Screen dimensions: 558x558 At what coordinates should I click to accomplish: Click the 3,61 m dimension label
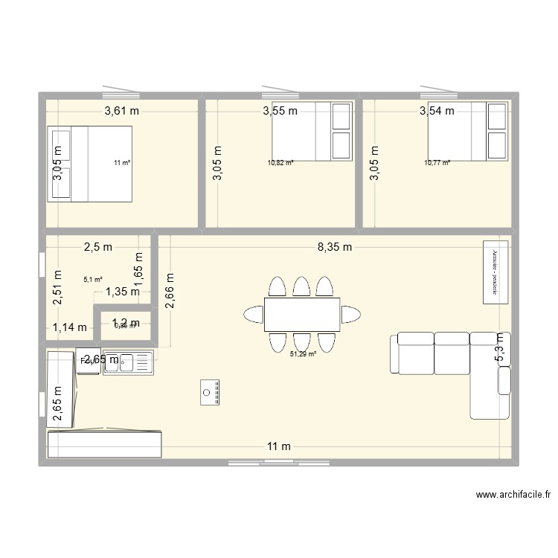click(121, 112)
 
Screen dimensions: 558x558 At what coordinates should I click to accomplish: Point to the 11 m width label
click(279, 446)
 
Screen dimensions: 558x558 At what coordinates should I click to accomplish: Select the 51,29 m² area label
click(303, 355)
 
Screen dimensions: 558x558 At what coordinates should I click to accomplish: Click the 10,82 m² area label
click(280, 162)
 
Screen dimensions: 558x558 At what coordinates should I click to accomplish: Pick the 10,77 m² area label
click(437, 162)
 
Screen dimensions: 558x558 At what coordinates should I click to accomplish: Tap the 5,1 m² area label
click(93, 280)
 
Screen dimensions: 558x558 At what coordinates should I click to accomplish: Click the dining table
click(302, 315)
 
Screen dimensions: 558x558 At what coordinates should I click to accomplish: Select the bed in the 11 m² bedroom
click(90, 164)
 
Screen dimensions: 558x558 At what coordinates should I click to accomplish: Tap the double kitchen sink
click(128, 362)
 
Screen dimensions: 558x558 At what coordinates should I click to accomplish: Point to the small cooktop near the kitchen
click(210, 392)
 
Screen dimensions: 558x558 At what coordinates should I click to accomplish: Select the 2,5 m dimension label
click(97, 247)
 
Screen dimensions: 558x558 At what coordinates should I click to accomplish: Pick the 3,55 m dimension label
click(280, 112)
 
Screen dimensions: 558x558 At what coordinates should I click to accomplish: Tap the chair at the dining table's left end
click(254, 315)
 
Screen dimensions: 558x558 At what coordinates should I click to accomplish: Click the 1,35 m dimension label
click(122, 292)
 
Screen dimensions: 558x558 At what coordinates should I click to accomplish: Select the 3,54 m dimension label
click(437, 112)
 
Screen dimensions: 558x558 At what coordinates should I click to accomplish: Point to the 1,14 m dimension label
click(69, 327)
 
